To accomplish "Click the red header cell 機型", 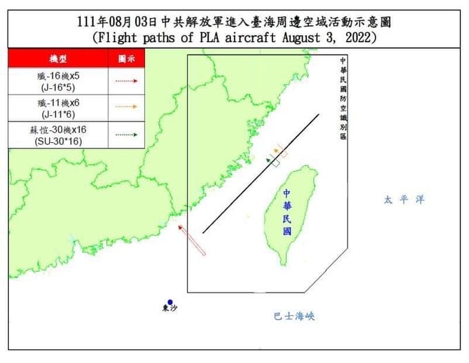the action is pyautogui.click(x=58, y=58).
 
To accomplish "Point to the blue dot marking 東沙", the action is pyautogui.click(x=170, y=301).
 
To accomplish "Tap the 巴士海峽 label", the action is pyautogui.click(x=293, y=316).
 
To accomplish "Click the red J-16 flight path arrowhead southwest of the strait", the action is pyautogui.click(x=180, y=226).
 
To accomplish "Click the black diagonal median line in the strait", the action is pyautogui.click(x=261, y=174).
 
